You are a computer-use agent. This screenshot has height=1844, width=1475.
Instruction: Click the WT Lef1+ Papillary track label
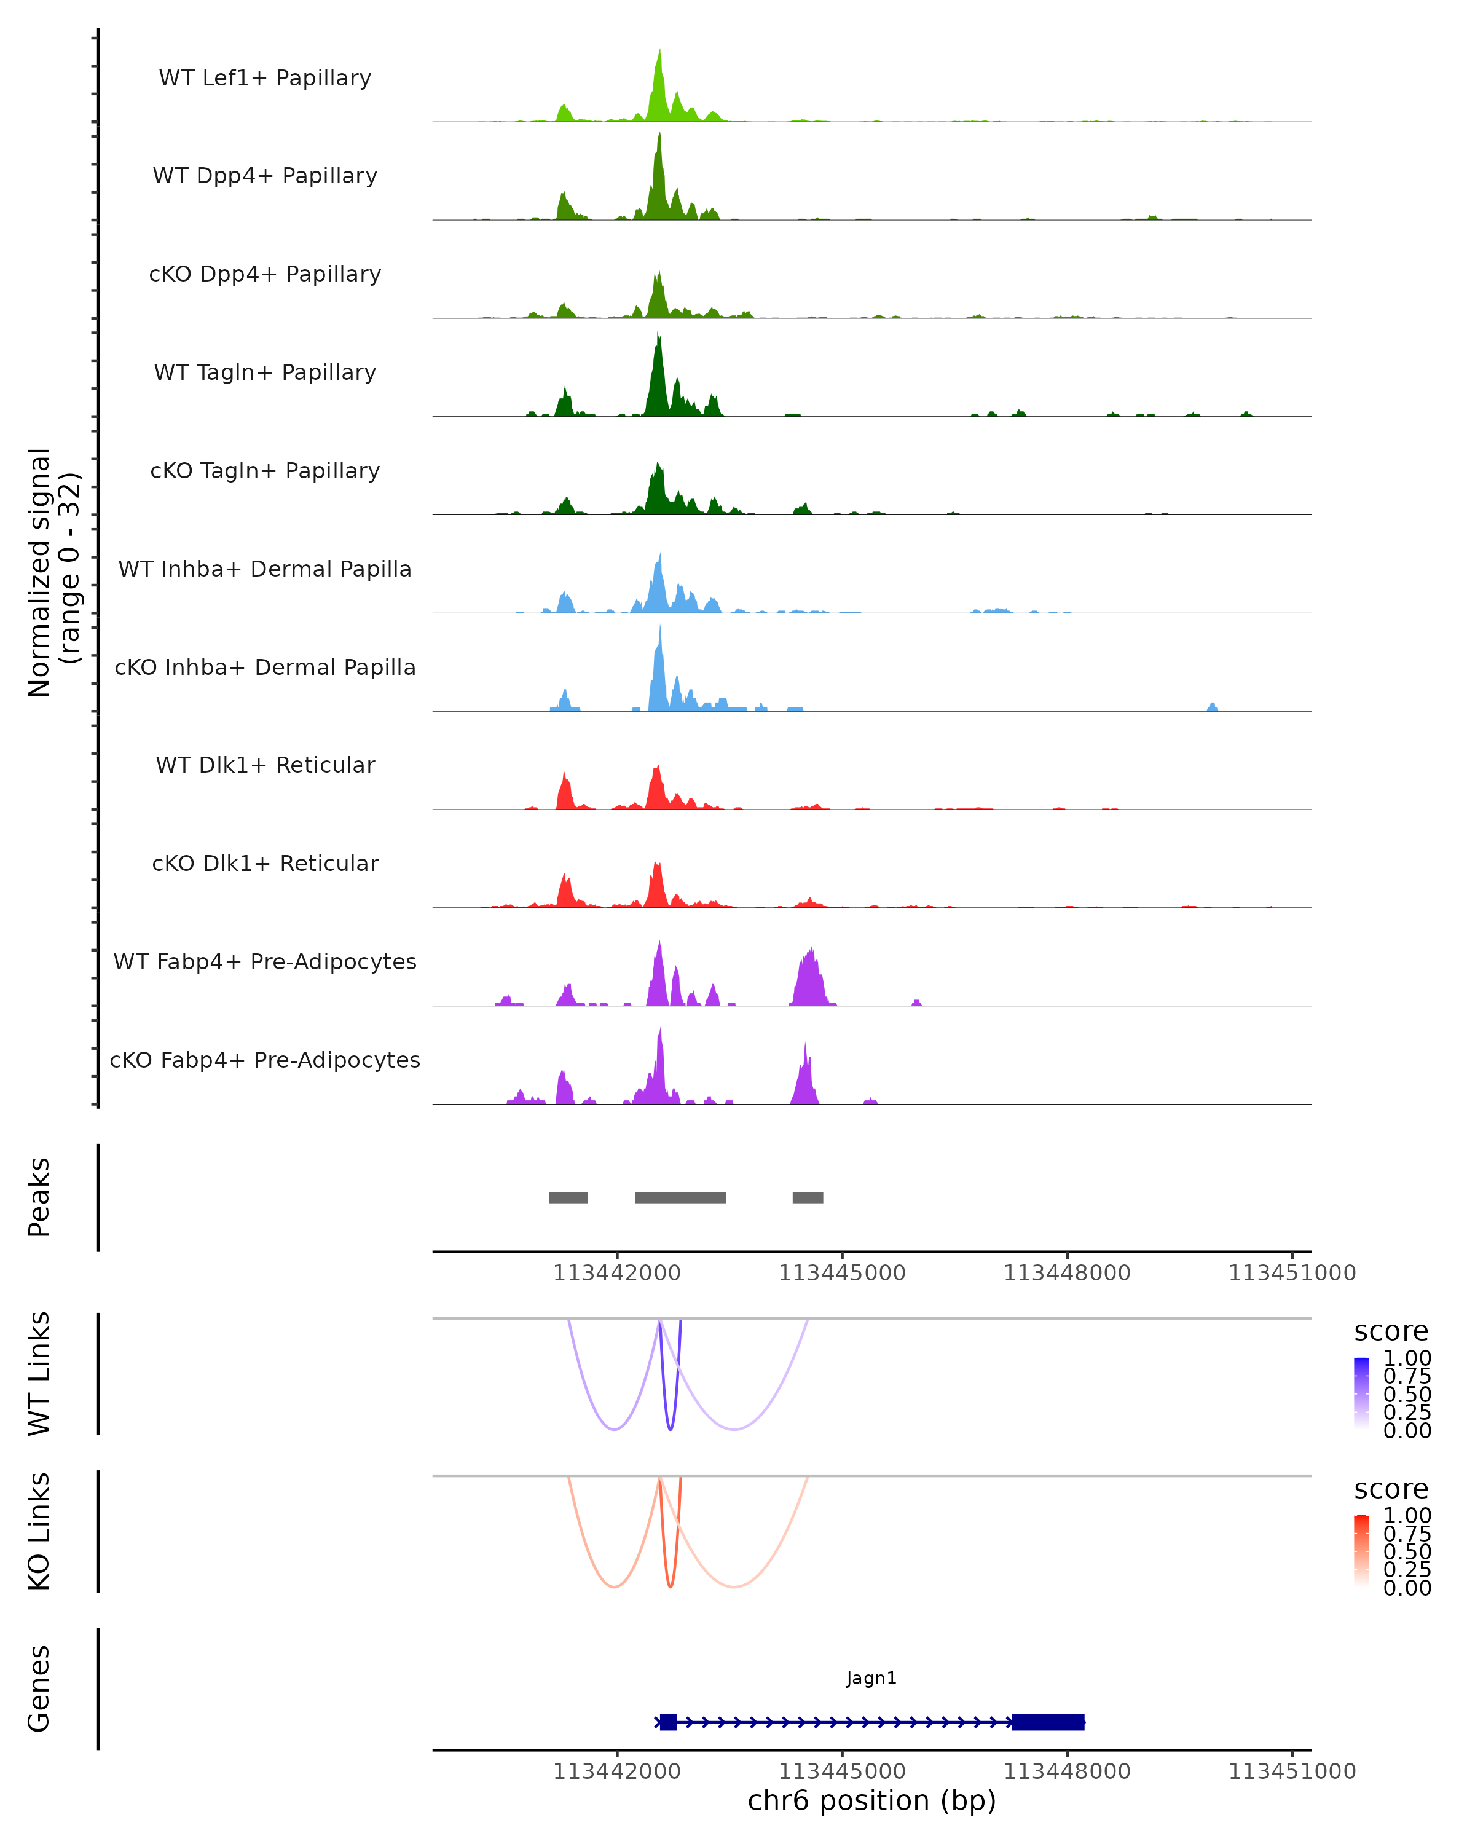pyautogui.click(x=265, y=78)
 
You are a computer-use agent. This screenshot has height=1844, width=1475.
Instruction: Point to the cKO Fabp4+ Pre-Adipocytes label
pyautogui.click(x=265, y=1060)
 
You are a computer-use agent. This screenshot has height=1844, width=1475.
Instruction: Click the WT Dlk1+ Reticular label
pyautogui.click(x=265, y=765)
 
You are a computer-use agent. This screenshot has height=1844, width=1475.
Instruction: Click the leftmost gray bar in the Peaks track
pyautogui.click(x=568, y=1197)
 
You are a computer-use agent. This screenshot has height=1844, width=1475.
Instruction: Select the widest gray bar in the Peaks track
pyautogui.click(x=680, y=1197)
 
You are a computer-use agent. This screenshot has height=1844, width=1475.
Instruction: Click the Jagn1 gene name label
pyautogui.click(x=871, y=1678)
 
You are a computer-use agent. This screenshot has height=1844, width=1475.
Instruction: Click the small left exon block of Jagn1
pyautogui.click(x=669, y=1722)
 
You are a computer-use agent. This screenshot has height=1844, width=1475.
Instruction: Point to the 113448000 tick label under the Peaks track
pyautogui.click(x=1066, y=1273)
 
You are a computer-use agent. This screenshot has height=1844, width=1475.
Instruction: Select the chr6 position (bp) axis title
pyautogui.click(x=871, y=1800)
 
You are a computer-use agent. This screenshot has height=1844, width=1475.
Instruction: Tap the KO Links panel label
pyautogui.click(x=39, y=1531)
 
